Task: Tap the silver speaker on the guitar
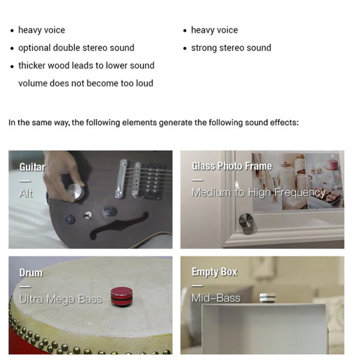point(76,191)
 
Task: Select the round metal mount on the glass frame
point(246,221)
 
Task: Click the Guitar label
point(32,167)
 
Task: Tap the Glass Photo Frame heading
point(232,166)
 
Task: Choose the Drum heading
point(31,273)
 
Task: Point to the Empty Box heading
point(214,272)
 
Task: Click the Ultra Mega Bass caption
point(60,298)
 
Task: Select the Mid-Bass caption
point(215,298)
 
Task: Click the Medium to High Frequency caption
point(258,193)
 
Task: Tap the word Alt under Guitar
point(26,193)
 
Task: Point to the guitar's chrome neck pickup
point(121,178)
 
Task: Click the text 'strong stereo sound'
point(231,48)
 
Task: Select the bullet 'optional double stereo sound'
point(76,48)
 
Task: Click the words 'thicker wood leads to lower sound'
point(86,65)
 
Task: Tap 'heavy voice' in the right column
point(214,30)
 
